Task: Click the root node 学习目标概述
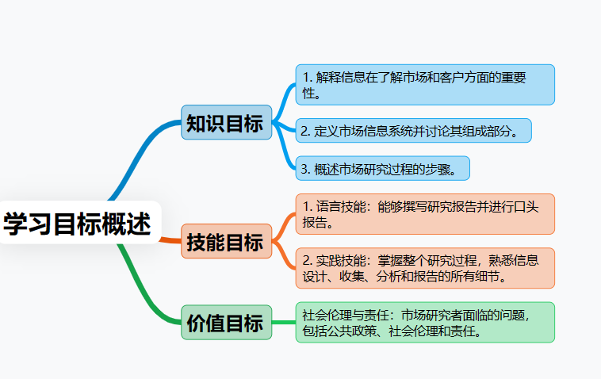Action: [78, 224]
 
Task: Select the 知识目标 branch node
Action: [224, 123]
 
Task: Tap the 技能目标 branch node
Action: [224, 242]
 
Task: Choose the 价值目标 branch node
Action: [224, 323]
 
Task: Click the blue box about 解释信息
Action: [424, 85]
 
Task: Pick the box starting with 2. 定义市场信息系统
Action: [412, 131]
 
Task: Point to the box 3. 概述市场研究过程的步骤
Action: [382, 168]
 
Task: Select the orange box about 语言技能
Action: [424, 214]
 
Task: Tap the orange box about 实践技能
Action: [424, 268]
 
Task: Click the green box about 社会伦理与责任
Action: [424, 322]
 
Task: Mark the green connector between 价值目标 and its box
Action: [284, 322]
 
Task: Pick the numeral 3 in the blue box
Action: [305, 168]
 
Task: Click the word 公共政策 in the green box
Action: [354, 330]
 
